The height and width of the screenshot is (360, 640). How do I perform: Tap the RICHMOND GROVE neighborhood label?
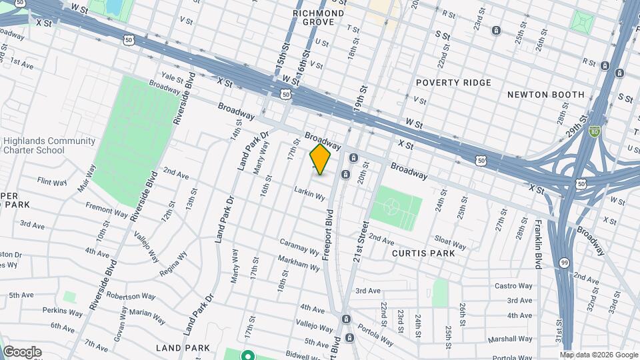click(x=319, y=17)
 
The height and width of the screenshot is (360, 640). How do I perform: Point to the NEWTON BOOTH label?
click(x=545, y=95)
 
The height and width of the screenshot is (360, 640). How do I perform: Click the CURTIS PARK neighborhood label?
click(x=423, y=253)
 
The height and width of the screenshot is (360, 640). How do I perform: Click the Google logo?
click(x=21, y=352)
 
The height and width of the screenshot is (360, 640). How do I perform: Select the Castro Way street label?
click(x=513, y=286)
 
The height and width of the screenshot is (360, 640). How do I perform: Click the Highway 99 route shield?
click(x=564, y=262)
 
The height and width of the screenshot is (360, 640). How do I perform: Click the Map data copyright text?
click(x=599, y=355)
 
